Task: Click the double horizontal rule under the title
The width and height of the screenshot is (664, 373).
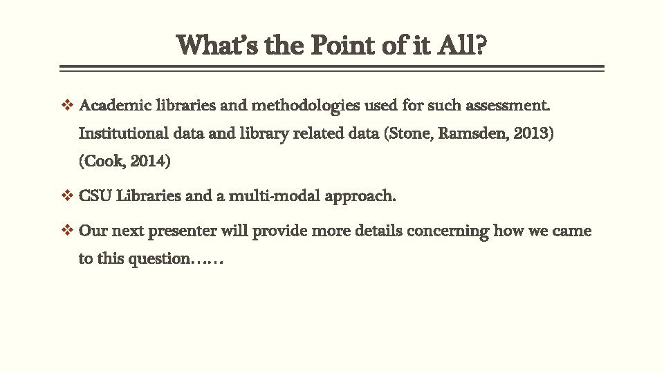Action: click(332, 68)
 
